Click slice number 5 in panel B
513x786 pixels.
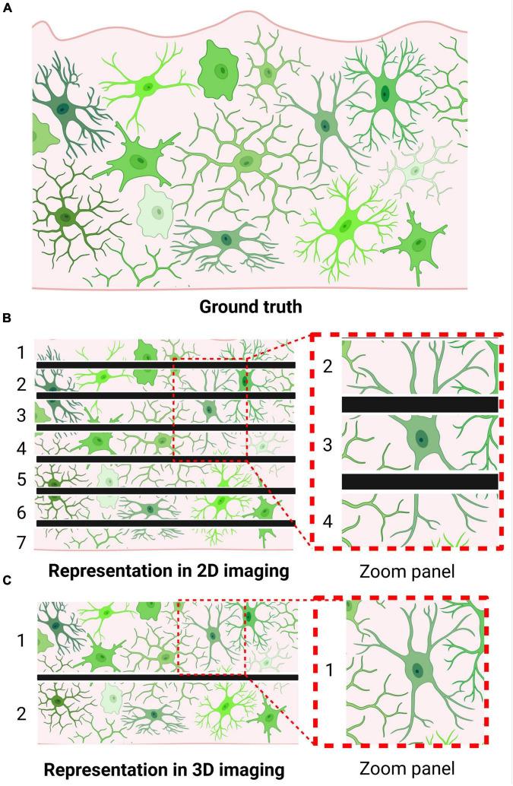pos(21,479)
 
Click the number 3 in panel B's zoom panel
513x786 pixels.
pos(328,445)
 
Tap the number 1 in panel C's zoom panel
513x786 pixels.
pos(328,670)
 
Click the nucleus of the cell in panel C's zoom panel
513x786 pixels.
pos(417,670)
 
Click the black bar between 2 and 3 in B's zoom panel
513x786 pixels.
pos(420,404)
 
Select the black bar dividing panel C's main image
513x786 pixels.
pos(167,677)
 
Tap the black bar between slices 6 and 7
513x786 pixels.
pos(166,524)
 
